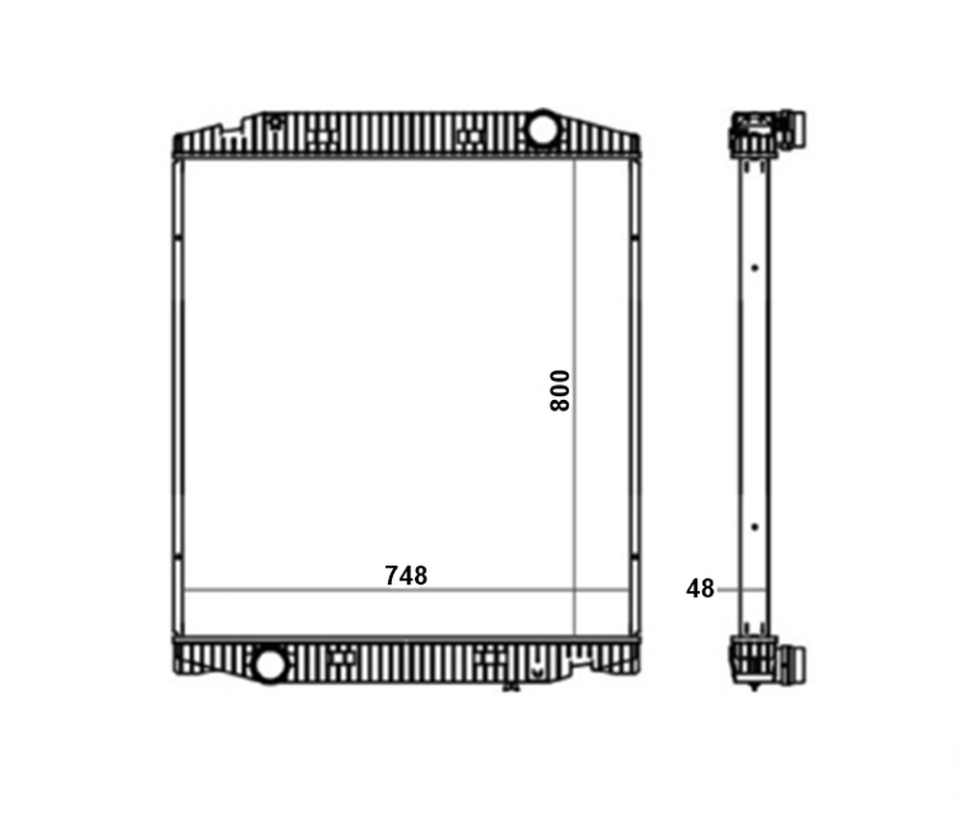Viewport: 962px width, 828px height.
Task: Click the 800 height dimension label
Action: pyautogui.click(x=559, y=390)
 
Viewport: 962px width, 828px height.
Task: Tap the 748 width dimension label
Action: pyautogui.click(x=405, y=575)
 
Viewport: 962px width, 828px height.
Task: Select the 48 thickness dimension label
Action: pyautogui.click(x=700, y=589)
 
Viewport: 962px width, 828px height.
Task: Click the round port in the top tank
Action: pyautogui.click(x=542, y=128)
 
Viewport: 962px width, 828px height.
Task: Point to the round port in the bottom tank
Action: pyautogui.click(x=270, y=664)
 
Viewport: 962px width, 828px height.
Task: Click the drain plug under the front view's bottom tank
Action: pyautogui.click(x=510, y=686)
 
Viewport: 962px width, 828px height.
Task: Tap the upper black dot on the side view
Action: pyautogui.click(x=755, y=268)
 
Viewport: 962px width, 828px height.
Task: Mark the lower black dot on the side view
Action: pyautogui.click(x=755, y=527)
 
